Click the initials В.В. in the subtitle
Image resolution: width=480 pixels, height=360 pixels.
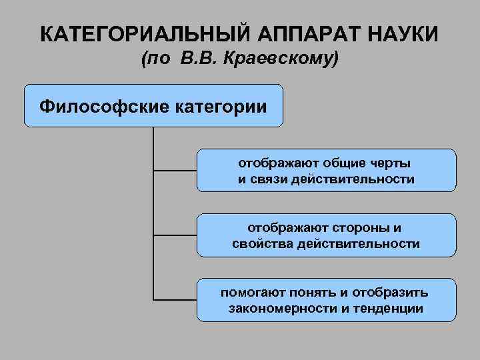(x=197, y=59)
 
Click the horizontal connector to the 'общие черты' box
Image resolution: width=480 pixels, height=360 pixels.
(x=175, y=171)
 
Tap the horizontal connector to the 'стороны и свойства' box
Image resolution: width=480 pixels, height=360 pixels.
(x=175, y=235)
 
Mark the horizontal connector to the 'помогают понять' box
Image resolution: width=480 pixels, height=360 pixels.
(x=175, y=300)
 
